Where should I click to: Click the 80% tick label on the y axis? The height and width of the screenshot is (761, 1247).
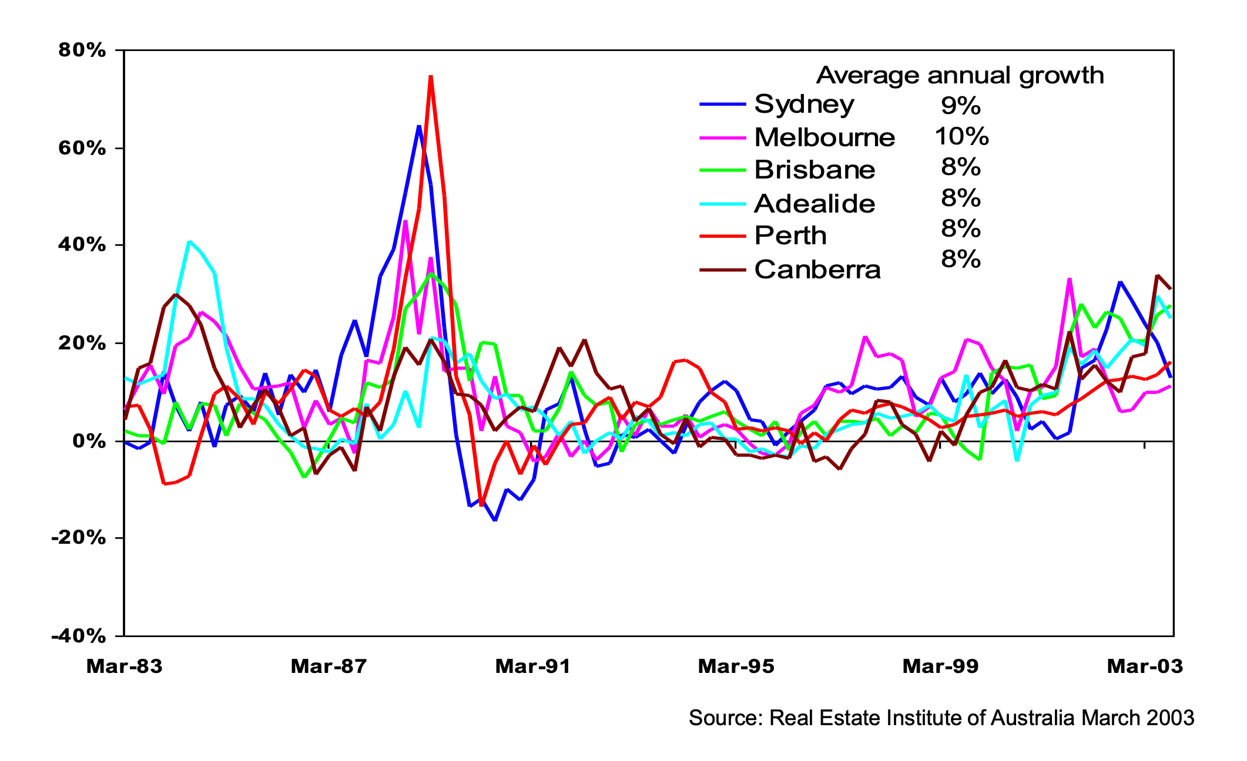click(82, 50)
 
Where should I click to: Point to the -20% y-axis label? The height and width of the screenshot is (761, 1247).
click(79, 538)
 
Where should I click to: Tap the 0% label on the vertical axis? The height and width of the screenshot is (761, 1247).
click(89, 441)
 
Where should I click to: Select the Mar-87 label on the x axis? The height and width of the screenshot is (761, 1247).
click(328, 666)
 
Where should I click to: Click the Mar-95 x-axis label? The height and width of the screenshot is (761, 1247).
click(736, 666)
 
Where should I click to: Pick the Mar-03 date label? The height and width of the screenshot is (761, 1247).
click(1145, 666)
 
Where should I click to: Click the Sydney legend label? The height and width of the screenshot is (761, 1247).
click(804, 105)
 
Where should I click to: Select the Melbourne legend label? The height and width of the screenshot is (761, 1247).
click(824, 138)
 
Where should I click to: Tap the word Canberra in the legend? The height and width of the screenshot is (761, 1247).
click(817, 270)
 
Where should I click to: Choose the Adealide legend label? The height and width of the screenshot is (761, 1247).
click(814, 204)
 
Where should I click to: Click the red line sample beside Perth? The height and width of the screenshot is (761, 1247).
click(723, 236)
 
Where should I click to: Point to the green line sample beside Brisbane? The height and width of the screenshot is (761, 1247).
click(723, 170)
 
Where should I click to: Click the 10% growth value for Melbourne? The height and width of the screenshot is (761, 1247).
click(961, 137)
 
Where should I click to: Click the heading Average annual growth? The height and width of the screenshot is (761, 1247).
click(960, 76)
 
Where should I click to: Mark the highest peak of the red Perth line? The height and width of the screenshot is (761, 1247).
click(431, 76)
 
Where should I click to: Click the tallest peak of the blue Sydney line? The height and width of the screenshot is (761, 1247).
click(418, 126)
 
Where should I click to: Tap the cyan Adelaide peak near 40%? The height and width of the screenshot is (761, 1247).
click(189, 241)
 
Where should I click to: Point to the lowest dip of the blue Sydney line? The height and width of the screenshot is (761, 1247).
click(495, 520)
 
